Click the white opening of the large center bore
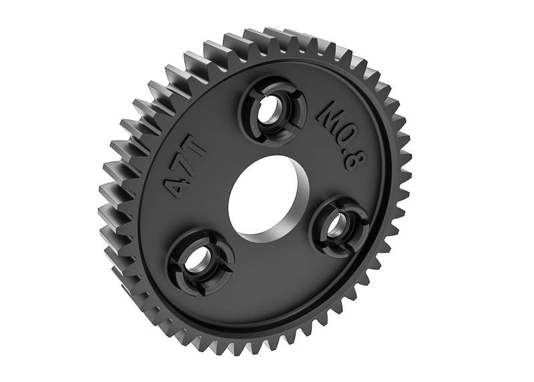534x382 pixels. tap(259, 194)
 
